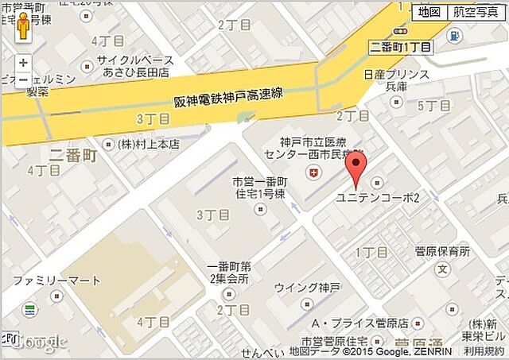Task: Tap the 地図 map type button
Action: pos(429,12)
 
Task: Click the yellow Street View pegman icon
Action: pos(23,29)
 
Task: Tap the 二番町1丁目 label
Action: pos(402,47)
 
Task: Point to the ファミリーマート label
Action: pos(56,281)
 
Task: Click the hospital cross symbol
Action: pos(312,172)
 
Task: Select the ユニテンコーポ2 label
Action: pos(379,197)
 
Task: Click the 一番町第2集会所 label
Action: pos(227,273)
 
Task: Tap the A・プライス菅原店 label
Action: pos(359,323)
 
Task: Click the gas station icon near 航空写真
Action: pos(454,35)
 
